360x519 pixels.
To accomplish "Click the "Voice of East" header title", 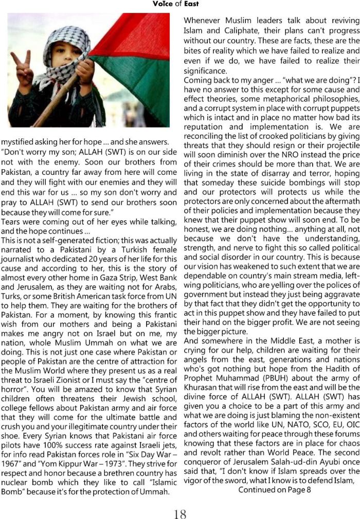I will click(x=175, y=4).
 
